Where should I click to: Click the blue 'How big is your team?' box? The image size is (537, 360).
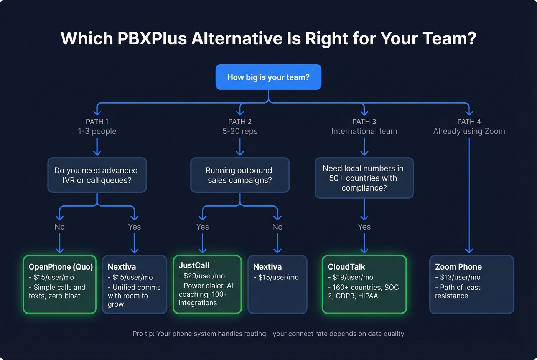pos(268,77)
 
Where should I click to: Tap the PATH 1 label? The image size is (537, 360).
pos(97,122)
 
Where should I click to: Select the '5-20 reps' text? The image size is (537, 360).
pos(240,131)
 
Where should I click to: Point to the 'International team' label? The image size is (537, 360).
pos(364,131)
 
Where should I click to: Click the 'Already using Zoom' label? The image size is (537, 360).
pos(469,131)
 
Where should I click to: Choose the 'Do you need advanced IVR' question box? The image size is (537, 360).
pos(97,175)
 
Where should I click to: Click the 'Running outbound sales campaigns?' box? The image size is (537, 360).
pos(240,175)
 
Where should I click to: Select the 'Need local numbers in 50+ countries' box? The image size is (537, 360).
pos(364,178)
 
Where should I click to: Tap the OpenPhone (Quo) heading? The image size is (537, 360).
pos(61,267)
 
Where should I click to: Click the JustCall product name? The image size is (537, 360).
pos(194,265)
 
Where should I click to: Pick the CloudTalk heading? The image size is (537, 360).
pos(346,267)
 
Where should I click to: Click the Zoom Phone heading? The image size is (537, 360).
pos(458,267)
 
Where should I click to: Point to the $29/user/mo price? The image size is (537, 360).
pos(204,276)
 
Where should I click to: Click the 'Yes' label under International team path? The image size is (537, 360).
pos(364,227)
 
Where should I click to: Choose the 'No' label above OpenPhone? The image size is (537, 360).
pos(59,227)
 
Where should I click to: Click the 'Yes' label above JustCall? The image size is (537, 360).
pos(203,227)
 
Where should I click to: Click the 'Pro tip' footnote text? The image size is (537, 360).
pos(268,334)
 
